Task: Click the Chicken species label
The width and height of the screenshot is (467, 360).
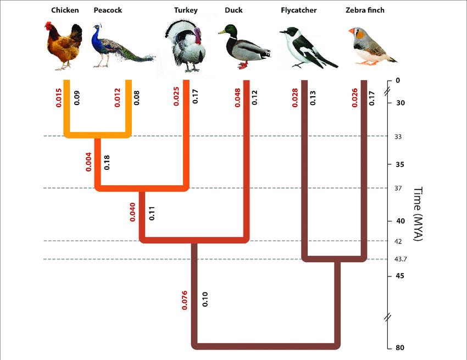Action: click(65, 10)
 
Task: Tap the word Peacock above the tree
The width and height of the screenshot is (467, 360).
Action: click(108, 10)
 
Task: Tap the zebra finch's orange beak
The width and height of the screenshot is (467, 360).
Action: click(352, 31)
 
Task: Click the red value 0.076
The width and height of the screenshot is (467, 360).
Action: click(185, 296)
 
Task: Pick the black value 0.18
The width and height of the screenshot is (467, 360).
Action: click(107, 162)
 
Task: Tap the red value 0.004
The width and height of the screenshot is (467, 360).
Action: click(88, 162)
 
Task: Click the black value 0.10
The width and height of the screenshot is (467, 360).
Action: click(204, 298)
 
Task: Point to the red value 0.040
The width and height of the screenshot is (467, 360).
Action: click(132, 212)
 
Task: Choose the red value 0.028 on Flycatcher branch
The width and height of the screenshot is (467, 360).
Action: click(294, 97)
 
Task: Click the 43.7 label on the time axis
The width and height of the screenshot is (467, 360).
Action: click(402, 259)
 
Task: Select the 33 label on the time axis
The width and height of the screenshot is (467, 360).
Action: click(398, 136)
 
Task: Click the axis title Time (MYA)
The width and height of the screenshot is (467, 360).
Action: click(419, 214)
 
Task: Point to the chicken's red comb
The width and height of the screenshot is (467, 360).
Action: click(48, 25)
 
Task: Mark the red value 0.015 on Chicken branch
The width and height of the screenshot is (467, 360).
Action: click(58, 97)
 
